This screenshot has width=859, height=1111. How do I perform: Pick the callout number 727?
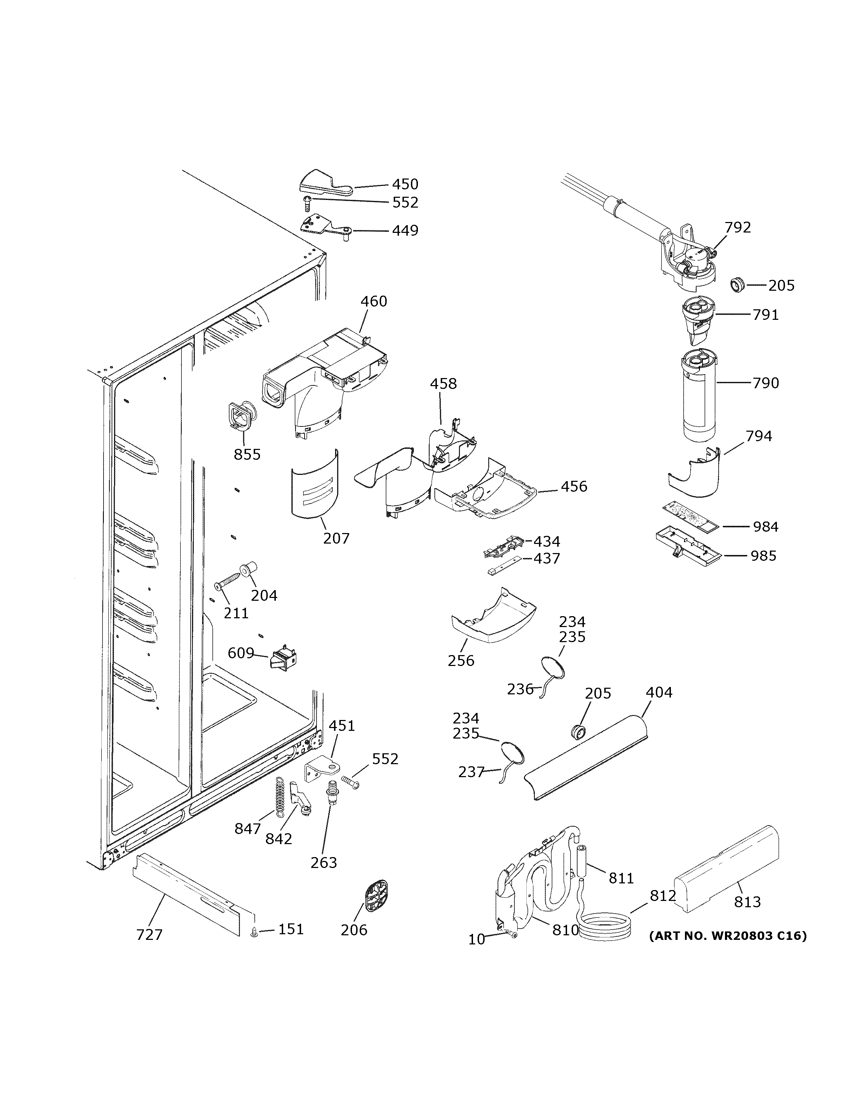(149, 935)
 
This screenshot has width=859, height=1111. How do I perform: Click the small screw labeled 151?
(254, 932)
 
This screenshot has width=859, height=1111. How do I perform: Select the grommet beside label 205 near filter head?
(736, 285)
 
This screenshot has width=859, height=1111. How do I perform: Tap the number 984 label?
(765, 526)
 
